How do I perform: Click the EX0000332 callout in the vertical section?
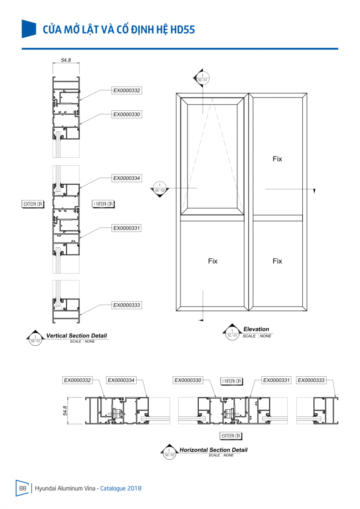click(127, 90)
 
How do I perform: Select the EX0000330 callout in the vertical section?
click(127, 114)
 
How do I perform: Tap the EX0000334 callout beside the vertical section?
click(127, 178)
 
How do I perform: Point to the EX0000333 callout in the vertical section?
click(127, 305)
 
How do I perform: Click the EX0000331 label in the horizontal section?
click(276, 380)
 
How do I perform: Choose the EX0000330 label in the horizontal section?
click(188, 380)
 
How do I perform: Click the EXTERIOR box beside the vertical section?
click(33, 204)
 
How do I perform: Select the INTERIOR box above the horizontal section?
click(231, 381)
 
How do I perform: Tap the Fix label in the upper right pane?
click(277, 159)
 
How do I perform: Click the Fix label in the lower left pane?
click(213, 261)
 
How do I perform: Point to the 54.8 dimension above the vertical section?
click(66, 60)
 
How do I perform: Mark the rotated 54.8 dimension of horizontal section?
click(65, 411)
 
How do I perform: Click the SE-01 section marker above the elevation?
click(202, 78)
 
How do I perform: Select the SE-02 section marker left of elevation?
click(160, 188)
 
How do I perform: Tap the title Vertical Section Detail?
click(76, 336)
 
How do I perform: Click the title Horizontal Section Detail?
click(213, 450)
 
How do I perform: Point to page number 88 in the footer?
click(23, 488)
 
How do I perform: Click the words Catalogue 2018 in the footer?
click(121, 488)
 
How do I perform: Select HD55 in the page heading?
click(183, 30)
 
